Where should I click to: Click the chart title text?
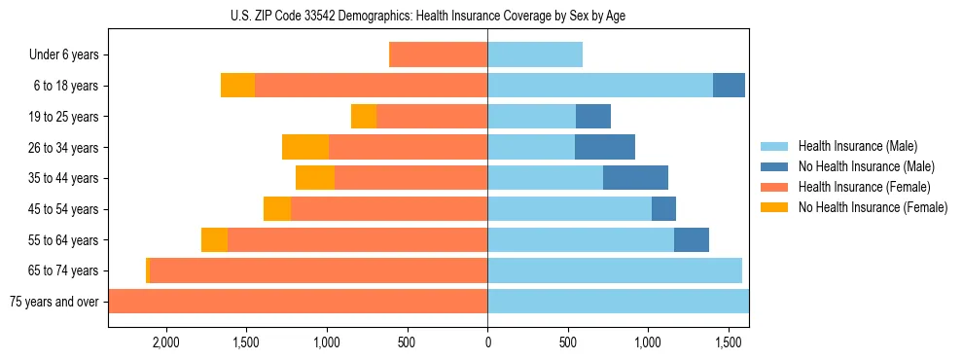[487, 16]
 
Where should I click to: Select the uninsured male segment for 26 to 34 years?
[605, 147]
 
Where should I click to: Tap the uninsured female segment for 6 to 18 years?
[237, 86]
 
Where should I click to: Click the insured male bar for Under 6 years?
[535, 54]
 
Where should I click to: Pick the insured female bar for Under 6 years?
[438, 54]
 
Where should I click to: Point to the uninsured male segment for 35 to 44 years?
[635, 178]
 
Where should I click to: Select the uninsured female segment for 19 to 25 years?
[364, 117]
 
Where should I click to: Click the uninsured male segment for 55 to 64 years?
[692, 239]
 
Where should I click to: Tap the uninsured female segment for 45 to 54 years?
[277, 208]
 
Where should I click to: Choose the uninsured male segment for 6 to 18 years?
[729, 86]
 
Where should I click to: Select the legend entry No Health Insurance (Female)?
[873, 207]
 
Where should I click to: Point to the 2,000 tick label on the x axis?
[165, 342]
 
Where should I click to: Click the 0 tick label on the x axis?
[487, 342]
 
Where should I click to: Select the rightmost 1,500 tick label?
[729, 342]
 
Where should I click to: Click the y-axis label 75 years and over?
[54, 302]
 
